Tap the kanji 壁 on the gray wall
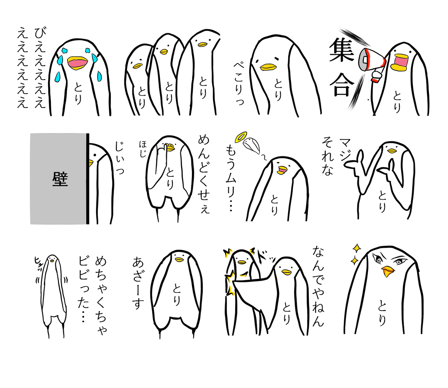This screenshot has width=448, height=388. click(x=60, y=179)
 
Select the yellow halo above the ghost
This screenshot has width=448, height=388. click(x=241, y=136)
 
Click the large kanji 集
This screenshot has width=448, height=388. click(x=341, y=50)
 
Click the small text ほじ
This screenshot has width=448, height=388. click(x=143, y=149)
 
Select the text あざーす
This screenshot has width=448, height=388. click(x=138, y=283)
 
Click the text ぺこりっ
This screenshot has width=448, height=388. click(x=239, y=84)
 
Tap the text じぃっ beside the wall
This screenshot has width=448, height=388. click(x=119, y=158)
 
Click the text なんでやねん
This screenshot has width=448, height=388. click(x=318, y=286)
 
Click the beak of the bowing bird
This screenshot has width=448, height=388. click(x=268, y=67)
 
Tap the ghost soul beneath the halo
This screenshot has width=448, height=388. click(x=251, y=146)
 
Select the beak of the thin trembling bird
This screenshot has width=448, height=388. click(x=52, y=261)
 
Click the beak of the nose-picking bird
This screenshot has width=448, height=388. click(x=170, y=148)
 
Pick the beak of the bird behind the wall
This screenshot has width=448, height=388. click(x=91, y=163)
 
